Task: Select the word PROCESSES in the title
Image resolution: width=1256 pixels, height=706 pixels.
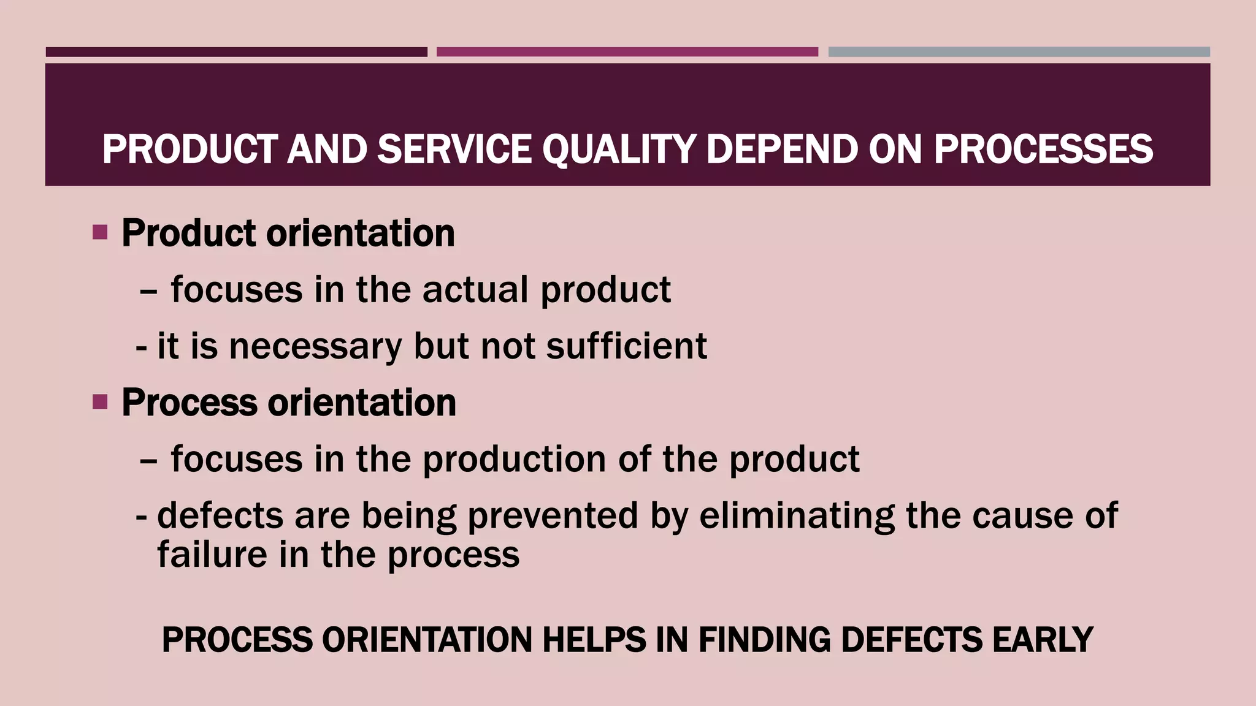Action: point(1043,150)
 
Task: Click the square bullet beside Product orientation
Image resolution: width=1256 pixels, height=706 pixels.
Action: point(100,232)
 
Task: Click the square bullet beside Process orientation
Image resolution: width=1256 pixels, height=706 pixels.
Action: point(100,402)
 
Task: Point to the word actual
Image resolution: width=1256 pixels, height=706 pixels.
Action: point(475,289)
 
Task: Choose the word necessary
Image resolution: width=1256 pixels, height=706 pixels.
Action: point(315,346)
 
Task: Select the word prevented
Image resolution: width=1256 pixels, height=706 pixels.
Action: point(553,515)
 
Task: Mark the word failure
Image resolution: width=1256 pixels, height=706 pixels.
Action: point(212,555)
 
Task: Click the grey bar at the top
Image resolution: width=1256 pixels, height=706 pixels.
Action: point(1019,52)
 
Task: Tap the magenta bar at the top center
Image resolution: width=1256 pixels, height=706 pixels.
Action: point(627,52)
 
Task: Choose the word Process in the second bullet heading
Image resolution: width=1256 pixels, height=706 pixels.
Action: point(190,403)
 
